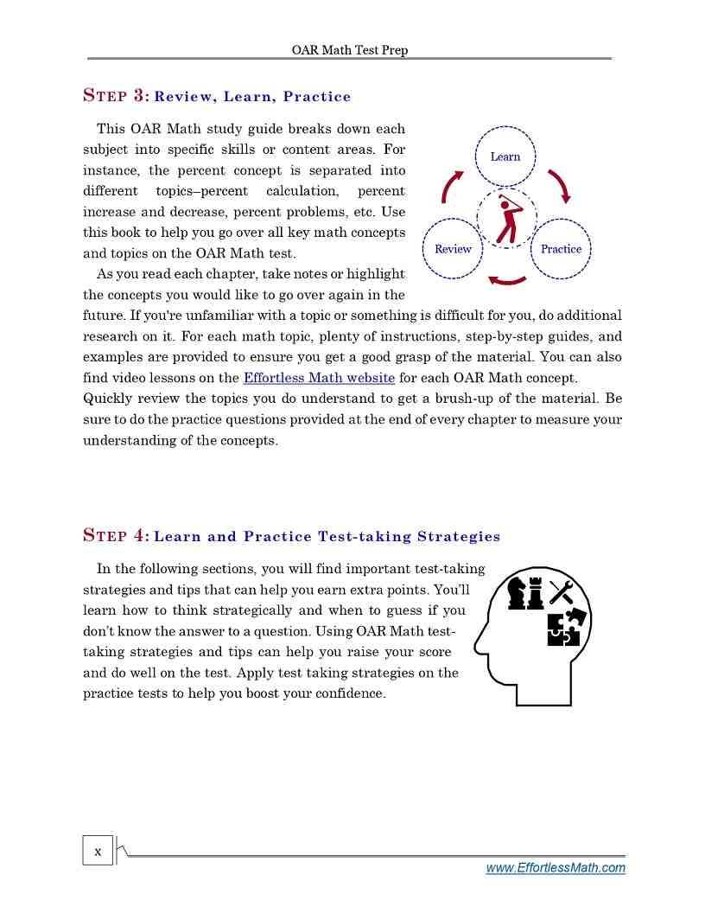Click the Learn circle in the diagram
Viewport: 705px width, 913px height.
tap(505, 156)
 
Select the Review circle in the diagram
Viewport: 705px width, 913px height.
tap(453, 249)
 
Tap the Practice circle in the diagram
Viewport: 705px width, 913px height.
tap(561, 249)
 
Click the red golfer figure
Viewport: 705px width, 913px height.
tap(507, 220)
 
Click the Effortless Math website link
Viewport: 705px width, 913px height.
tap(319, 378)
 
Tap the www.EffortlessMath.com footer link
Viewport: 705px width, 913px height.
tap(556, 868)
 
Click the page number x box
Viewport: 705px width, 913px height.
tap(98, 852)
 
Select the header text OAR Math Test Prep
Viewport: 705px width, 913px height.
tap(349, 50)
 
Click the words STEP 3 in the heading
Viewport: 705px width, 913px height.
tap(117, 96)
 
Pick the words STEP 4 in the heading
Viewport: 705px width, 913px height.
tap(117, 535)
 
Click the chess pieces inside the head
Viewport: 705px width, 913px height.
tap(525, 594)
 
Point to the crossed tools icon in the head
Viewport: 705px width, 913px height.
tap(562, 592)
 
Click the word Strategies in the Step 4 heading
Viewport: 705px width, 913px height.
tap(458, 536)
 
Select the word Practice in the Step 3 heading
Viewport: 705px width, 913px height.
tap(316, 97)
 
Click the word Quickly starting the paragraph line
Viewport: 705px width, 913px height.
tap(107, 399)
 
